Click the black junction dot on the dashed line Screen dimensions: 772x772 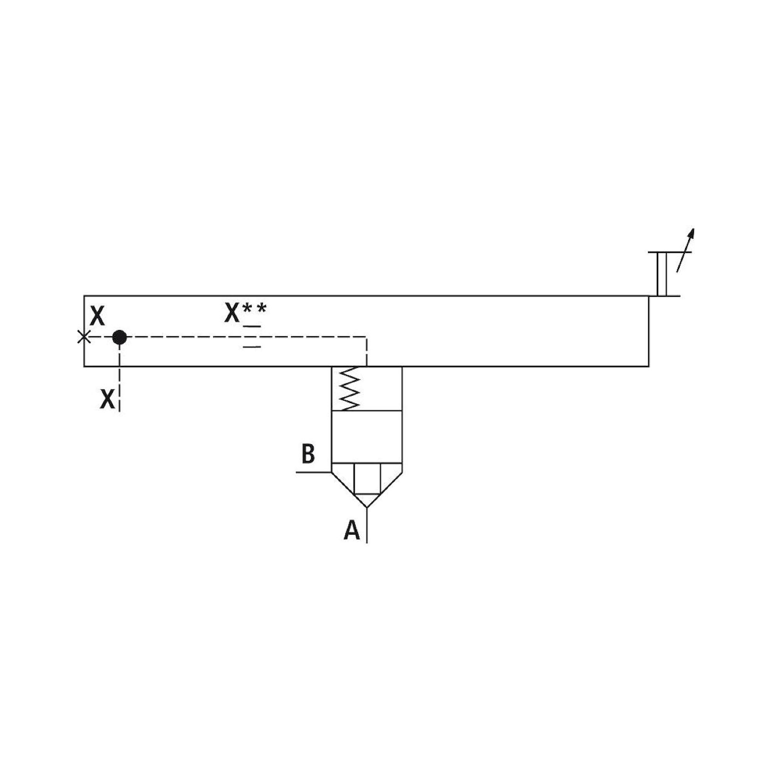[x=120, y=337]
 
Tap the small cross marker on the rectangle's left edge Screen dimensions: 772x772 [x=83, y=337]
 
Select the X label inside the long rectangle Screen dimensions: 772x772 [x=97, y=316]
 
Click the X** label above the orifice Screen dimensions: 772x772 [x=245, y=313]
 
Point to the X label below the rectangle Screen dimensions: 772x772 [x=107, y=399]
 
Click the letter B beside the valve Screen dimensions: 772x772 [x=308, y=454]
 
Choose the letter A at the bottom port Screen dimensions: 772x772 [x=352, y=530]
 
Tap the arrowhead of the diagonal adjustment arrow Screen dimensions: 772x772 [x=692, y=234]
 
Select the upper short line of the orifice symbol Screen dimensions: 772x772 [x=252, y=327]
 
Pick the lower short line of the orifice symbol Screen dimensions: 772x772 [x=252, y=347]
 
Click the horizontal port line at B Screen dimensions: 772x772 [x=314, y=472]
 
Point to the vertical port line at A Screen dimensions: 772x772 [x=367, y=525]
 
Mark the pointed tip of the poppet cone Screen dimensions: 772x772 [x=367, y=508]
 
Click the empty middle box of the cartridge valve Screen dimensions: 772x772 [x=367, y=436]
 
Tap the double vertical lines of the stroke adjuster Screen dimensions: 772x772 [x=662, y=274]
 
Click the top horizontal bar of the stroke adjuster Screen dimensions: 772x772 [x=664, y=252]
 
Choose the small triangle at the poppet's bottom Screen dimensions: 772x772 [x=367, y=499]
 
